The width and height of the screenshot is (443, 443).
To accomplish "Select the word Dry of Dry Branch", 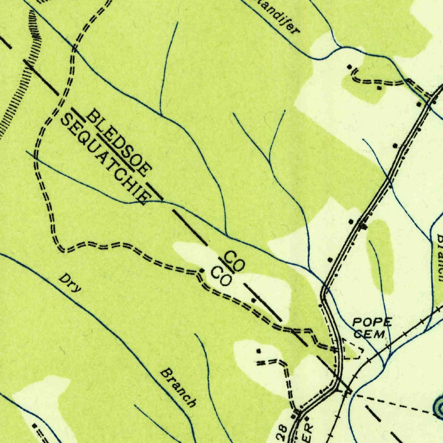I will [71, 283].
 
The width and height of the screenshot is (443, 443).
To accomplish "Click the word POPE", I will [372, 322].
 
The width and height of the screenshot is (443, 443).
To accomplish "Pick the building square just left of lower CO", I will [202, 270].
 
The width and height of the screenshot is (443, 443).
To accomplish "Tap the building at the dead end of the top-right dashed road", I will [350, 67].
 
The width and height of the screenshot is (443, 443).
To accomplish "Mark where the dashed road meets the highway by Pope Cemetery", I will [337, 348].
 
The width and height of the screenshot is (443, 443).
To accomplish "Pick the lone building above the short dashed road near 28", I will [259, 351].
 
